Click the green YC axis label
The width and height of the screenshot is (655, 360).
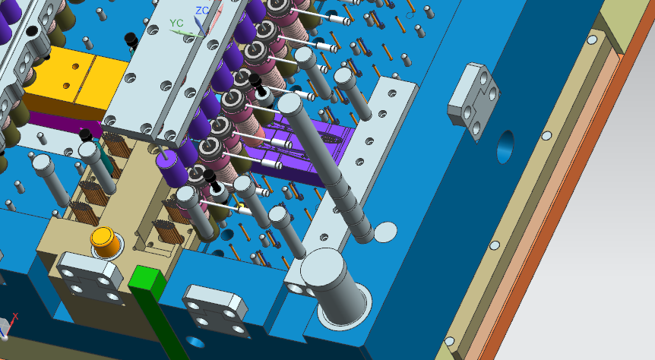click(176, 23)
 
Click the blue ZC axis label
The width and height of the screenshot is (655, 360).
click(202, 11)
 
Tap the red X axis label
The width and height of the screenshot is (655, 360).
click(15, 317)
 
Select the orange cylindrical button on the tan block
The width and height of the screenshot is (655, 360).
click(106, 242)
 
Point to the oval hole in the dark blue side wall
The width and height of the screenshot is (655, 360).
click(505, 147)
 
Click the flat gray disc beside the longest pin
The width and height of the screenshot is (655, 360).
click(385, 232)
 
